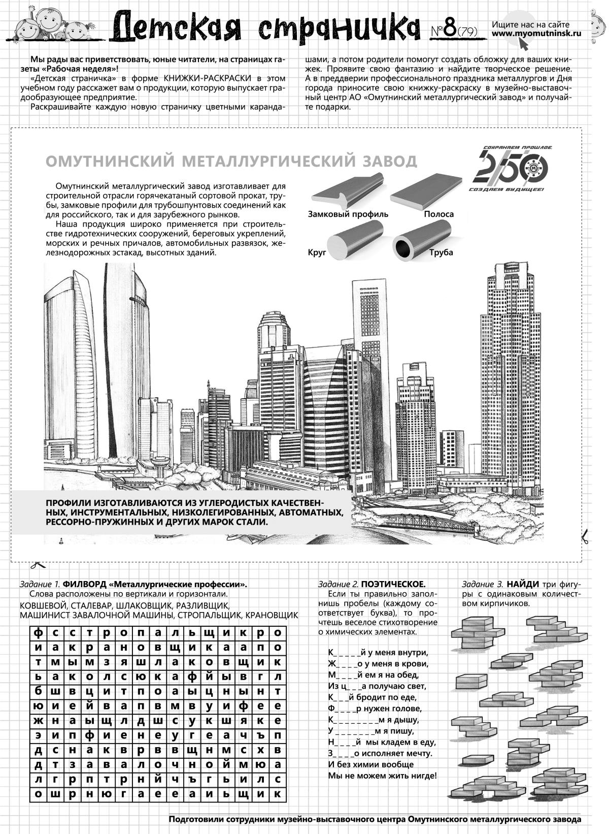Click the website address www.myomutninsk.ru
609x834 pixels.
536,34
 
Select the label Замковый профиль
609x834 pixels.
348,214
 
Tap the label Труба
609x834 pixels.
440,252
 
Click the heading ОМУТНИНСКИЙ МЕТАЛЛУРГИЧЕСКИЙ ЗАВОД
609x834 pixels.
231,161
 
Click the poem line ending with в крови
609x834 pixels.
378,664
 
